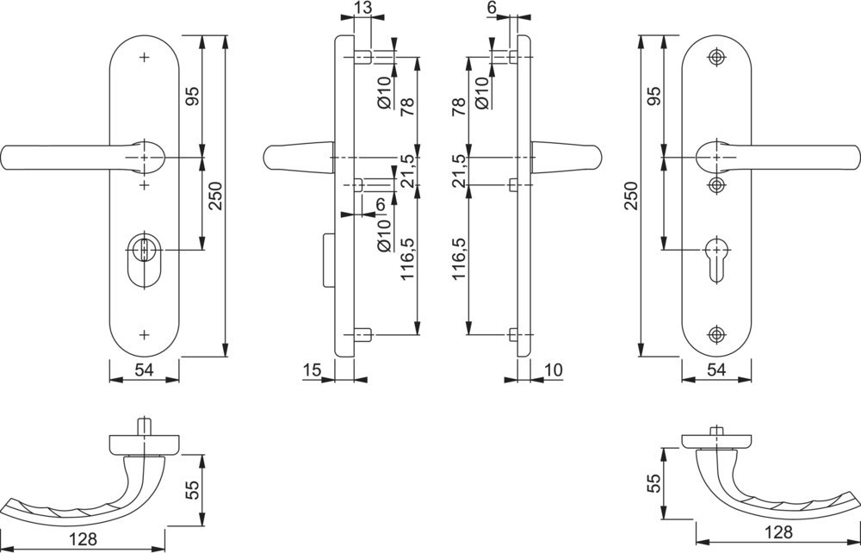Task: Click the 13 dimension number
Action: pyautogui.click(x=362, y=8)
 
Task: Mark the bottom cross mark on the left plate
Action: pyautogui.click(x=144, y=333)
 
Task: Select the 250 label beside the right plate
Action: pyautogui.click(x=630, y=196)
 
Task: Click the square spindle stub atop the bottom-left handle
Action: pyautogui.click(x=143, y=428)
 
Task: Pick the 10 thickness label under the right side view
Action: pyautogui.click(x=553, y=370)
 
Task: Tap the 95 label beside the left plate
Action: pyautogui.click(x=192, y=96)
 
